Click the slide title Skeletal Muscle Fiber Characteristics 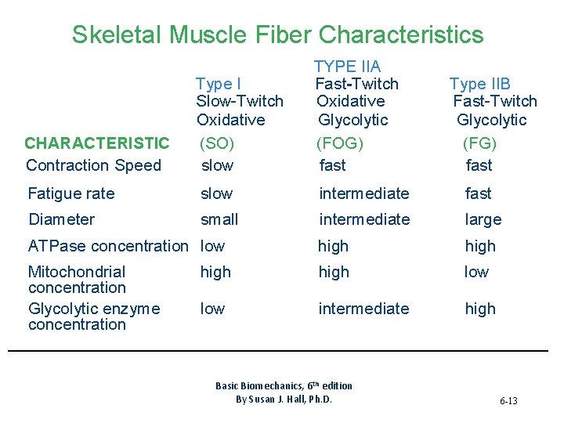coord(277,34)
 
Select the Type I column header coord(219,84)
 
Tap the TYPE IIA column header coord(347,67)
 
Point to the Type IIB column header coord(479,84)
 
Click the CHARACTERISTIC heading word coord(96,143)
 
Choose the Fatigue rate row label coord(71,193)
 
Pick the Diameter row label coord(61,219)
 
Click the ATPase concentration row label coord(108,246)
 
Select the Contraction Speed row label coord(93,165)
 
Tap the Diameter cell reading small coord(219,219)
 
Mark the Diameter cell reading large coord(483,219)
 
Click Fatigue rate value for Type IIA coord(363,193)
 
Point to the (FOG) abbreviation coord(342,143)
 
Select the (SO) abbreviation coord(217,143)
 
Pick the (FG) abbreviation coord(479,143)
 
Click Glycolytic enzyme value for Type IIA coord(363,309)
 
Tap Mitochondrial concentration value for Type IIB coord(476,272)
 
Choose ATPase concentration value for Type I coord(212,246)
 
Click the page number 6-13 coord(508,401)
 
